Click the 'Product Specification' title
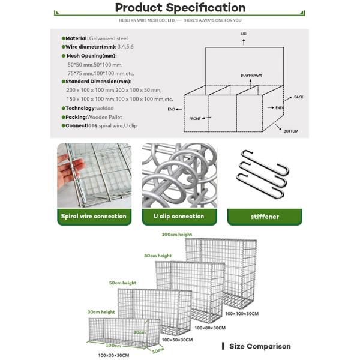tap(180, 8)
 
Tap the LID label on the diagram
tap(244, 34)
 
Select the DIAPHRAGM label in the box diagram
tap(251, 76)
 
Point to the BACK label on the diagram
tap(298, 97)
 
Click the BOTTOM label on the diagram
tap(291, 131)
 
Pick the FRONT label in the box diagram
tap(195, 119)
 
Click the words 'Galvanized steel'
tap(109, 38)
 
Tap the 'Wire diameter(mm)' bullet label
tap(90, 47)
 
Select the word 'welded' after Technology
tap(105, 108)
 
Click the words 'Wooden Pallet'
tap(104, 118)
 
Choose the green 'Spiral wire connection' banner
tap(94, 217)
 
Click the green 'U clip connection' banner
tap(179, 217)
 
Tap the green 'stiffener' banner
tap(265, 217)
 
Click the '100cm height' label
tap(177, 235)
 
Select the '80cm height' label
tap(158, 256)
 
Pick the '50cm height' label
tap(122, 283)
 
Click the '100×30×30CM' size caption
tap(113, 355)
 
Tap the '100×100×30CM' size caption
tap(242, 314)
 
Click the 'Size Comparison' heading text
tap(260, 346)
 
